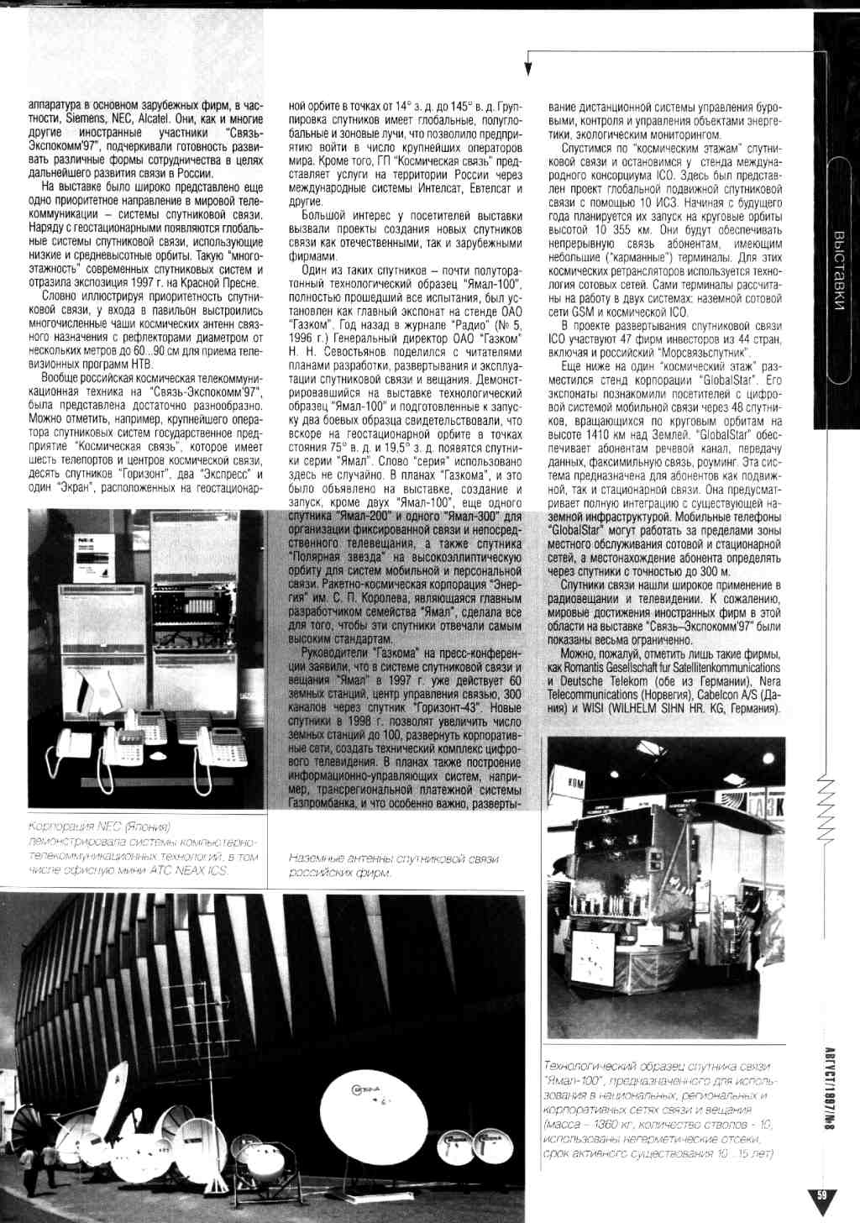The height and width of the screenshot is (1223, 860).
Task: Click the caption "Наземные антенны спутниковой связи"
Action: coord(393,858)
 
